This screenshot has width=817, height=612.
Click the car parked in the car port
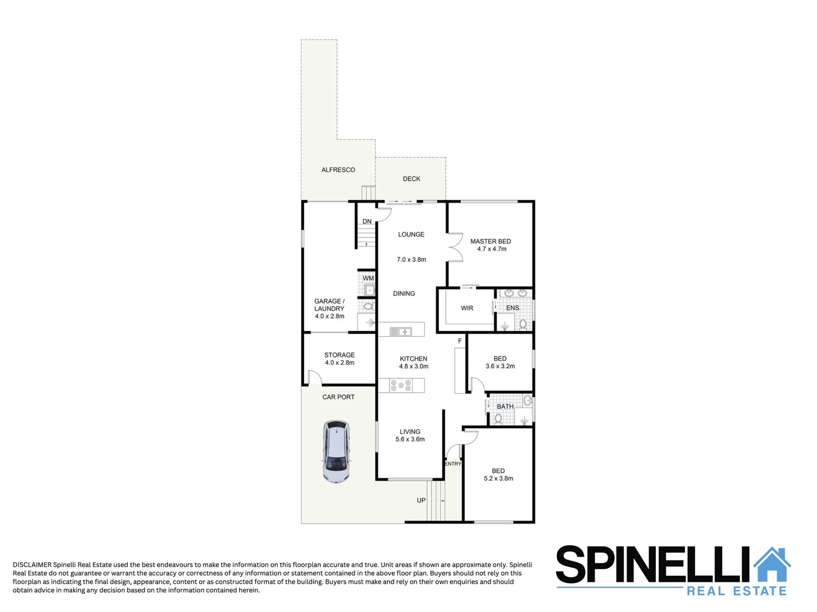coord(336,452)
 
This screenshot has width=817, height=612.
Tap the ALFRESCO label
coord(338,170)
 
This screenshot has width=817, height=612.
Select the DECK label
coord(412,179)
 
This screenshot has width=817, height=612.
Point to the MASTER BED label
coord(490,241)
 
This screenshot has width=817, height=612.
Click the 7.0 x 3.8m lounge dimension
coord(411,260)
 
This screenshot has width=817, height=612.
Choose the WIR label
coord(467,308)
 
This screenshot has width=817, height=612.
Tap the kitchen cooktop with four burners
coord(401,386)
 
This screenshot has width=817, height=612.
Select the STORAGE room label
coord(340,355)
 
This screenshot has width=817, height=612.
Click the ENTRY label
coord(452,464)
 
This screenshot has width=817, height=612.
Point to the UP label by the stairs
coord(421,500)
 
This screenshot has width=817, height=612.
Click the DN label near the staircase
coord(367,222)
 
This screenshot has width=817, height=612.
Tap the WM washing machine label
coord(369,278)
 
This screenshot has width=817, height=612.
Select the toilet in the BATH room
coord(498,419)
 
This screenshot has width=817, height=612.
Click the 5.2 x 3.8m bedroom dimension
coord(498,479)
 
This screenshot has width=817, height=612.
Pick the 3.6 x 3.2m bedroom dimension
coord(500,367)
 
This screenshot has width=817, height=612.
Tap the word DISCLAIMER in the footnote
coord(32,565)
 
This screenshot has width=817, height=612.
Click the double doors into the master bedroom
coord(455,248)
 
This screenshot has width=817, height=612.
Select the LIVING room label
coord(410,432)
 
